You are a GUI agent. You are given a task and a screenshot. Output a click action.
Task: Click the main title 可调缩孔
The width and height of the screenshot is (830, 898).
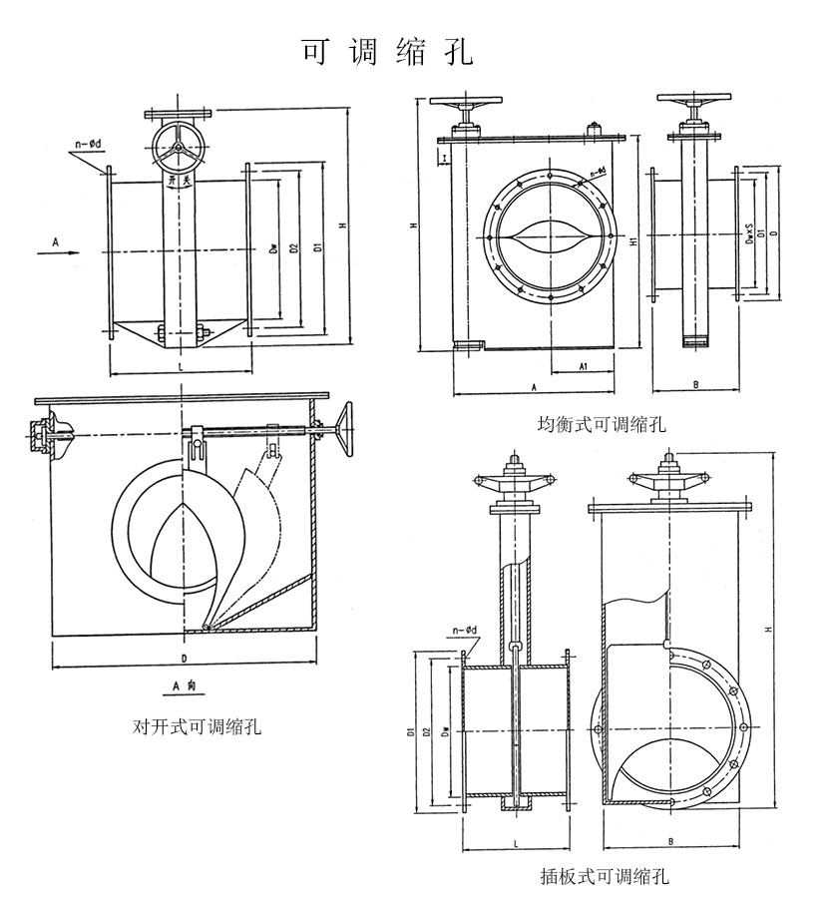[x=387, y=52]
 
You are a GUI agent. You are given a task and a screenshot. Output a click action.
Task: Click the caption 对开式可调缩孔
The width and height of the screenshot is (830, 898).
[x=198, y=726]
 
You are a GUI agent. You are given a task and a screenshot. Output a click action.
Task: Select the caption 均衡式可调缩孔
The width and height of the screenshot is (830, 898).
[x=602, y=425]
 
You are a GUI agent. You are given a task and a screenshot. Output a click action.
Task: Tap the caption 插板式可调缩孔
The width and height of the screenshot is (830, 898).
[x=604, y=877]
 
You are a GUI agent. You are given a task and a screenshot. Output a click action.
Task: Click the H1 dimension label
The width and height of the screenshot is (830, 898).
[x=633, y=239]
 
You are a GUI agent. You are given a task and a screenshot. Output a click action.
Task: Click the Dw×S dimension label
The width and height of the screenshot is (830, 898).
[x=749, y=231]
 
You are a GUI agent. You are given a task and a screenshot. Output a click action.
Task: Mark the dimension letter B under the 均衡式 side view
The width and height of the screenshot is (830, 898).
[x=694, y=382]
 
